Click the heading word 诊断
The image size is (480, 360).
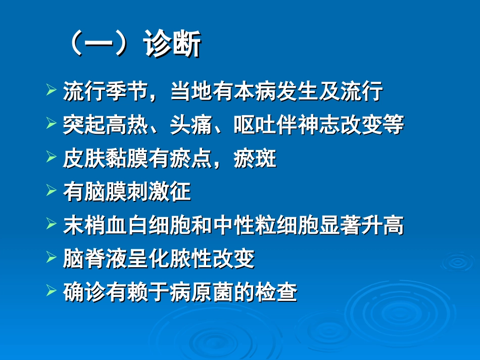pos(172,45)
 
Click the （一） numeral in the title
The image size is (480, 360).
pos(96,45)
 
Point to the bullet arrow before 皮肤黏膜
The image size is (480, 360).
pos(51,158)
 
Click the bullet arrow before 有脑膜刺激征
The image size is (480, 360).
pos(51,191)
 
